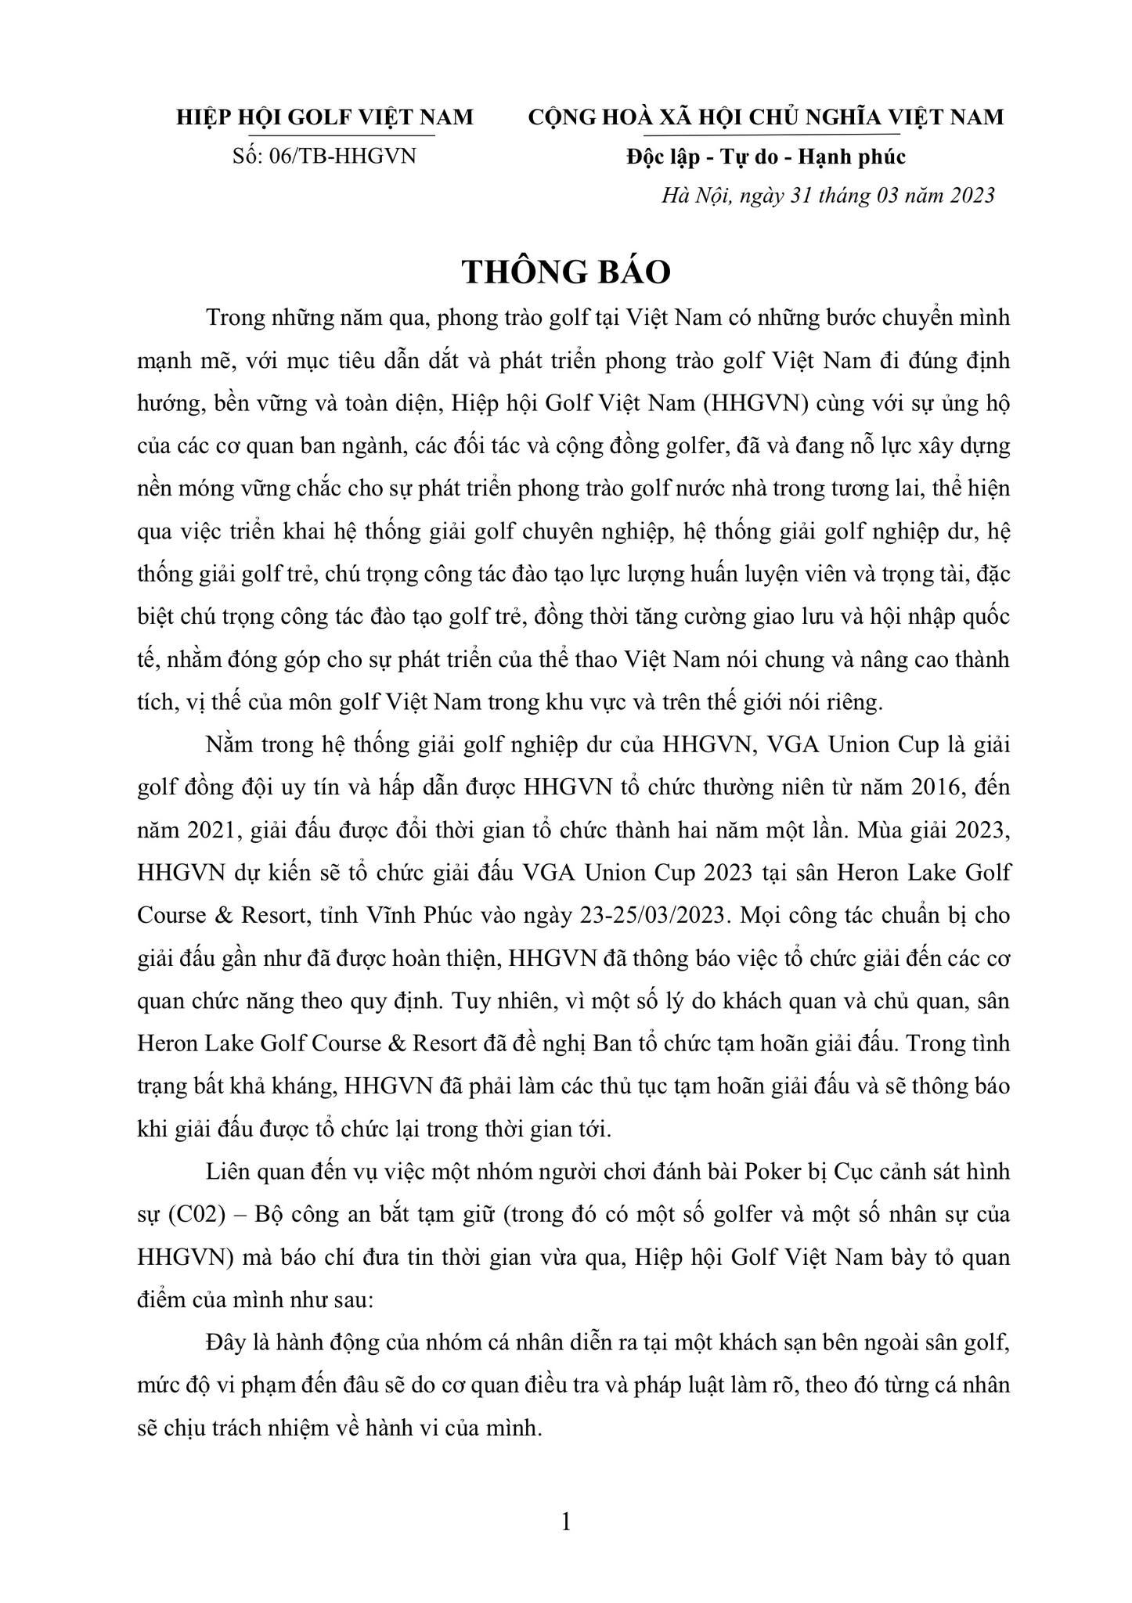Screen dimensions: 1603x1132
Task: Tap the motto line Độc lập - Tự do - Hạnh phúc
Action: pyautogui.click(x=766, y=157)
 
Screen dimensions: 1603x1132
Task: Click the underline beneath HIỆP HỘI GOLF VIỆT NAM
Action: pyautogui.click(x=325, y=135)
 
